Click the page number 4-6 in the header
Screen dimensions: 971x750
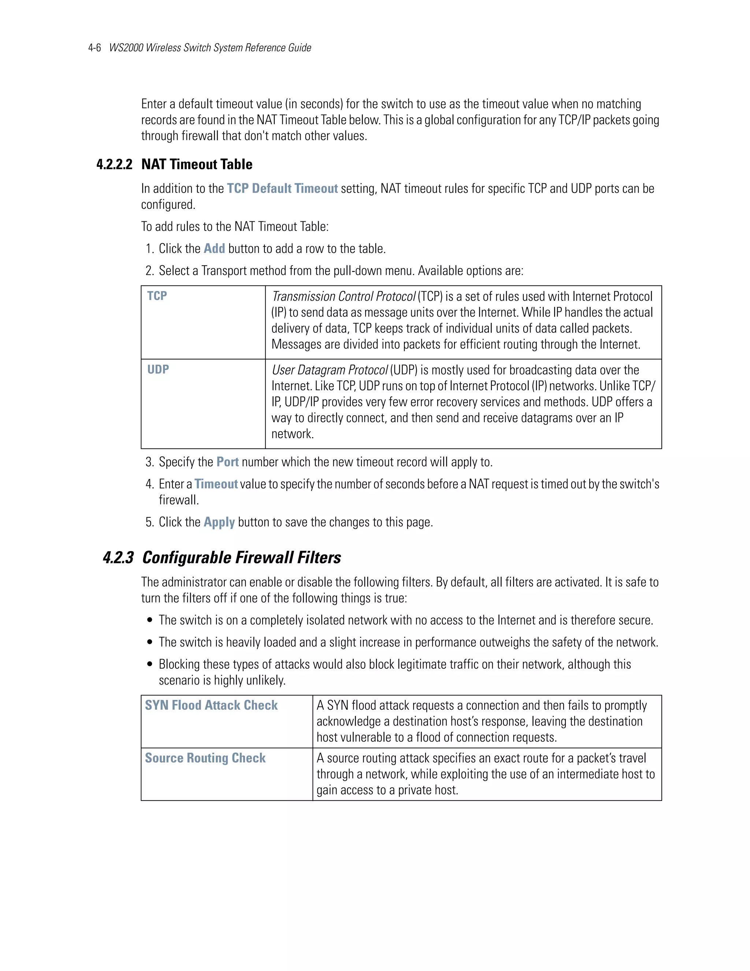94,48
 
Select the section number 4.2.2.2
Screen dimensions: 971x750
114,165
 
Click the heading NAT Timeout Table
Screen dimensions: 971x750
197,165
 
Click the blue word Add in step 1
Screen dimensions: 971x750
214,248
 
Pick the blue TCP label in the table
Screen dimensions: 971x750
157,296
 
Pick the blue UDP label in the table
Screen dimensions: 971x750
158,369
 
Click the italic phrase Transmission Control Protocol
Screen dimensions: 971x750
344,296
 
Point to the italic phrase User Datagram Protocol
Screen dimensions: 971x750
330,370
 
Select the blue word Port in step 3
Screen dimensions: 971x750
227,462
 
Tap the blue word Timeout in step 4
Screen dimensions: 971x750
216,484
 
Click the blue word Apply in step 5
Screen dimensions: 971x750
219,522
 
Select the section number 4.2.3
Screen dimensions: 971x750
118,558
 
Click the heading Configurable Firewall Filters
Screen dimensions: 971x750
241,558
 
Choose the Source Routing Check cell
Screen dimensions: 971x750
205,758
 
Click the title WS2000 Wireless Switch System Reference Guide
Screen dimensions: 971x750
210,48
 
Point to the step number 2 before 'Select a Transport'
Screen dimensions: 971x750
149,271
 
